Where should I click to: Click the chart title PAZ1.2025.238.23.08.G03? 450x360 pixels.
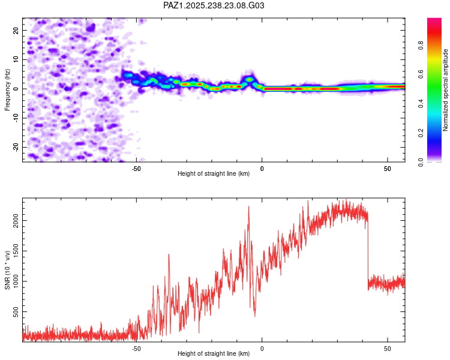coord(214,5)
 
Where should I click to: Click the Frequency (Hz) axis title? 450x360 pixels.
coord(7,89)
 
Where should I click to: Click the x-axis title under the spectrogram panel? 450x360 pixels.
coord(214,174)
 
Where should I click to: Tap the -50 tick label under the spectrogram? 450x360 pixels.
coord(136,169)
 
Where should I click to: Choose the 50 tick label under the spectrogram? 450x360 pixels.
coord(388,169)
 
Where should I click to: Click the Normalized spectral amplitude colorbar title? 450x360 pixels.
coord(446,90)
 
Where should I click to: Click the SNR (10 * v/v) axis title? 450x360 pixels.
coord(7,270)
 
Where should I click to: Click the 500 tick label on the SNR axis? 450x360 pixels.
coord(15,312)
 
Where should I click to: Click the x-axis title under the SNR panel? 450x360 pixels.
coord(214,354)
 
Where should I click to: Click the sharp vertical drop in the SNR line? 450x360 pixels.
coord(368,252)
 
